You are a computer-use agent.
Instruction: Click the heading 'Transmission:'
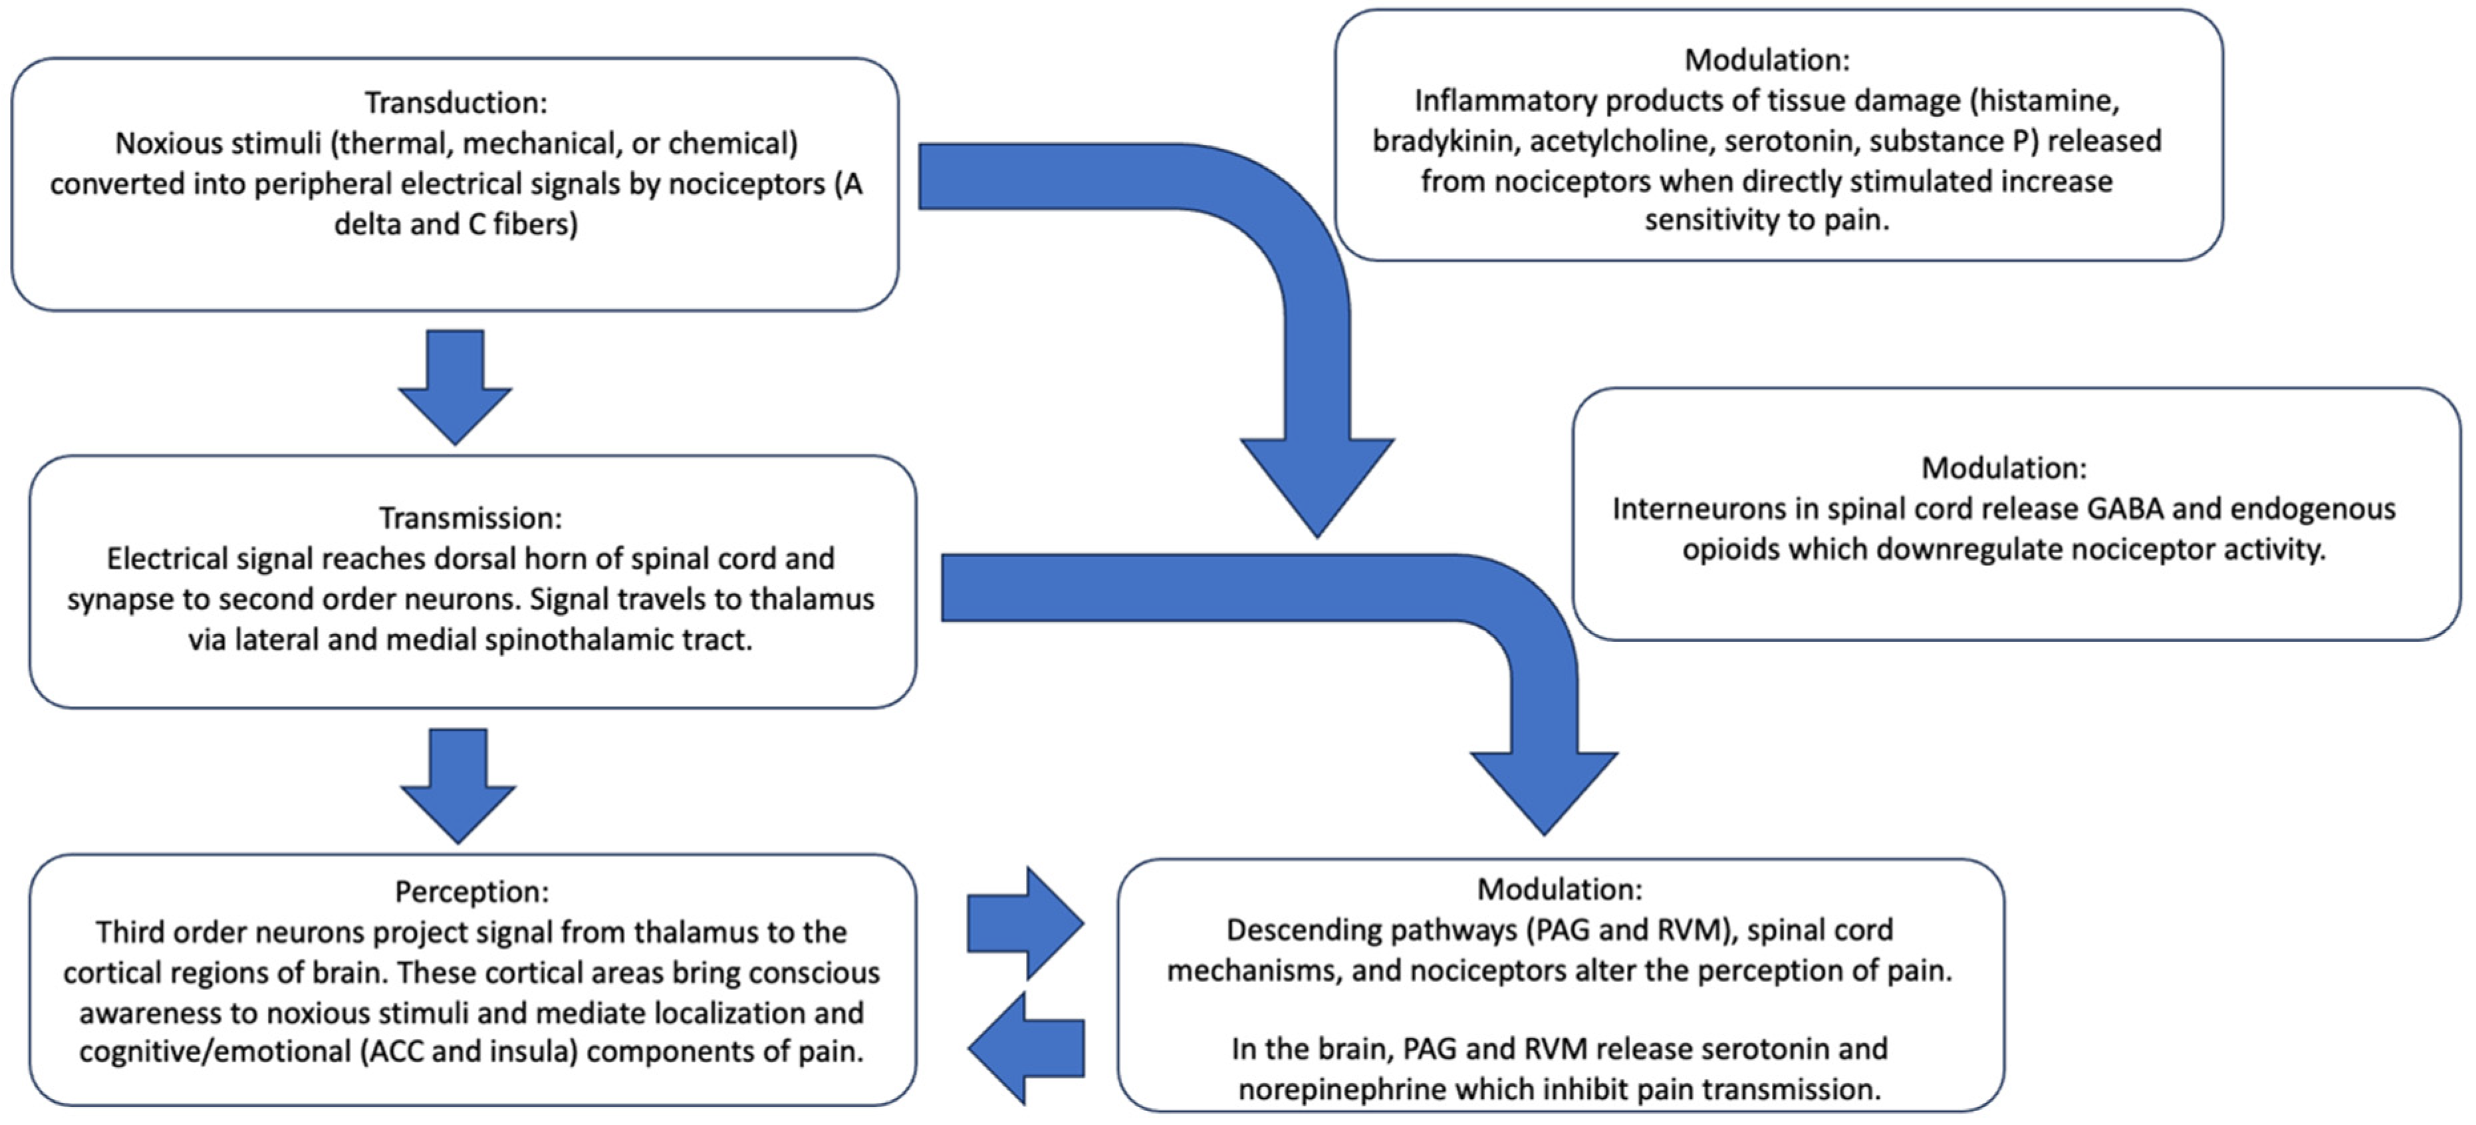[470, 518]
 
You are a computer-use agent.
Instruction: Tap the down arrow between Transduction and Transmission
[455, 385]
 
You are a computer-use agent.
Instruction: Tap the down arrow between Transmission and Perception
[457, 784]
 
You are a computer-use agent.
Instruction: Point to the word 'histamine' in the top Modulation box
[2051, 101]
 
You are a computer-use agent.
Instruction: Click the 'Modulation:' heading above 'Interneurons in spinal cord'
[2004, 468]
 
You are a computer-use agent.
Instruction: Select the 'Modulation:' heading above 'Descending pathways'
[1560, 889]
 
